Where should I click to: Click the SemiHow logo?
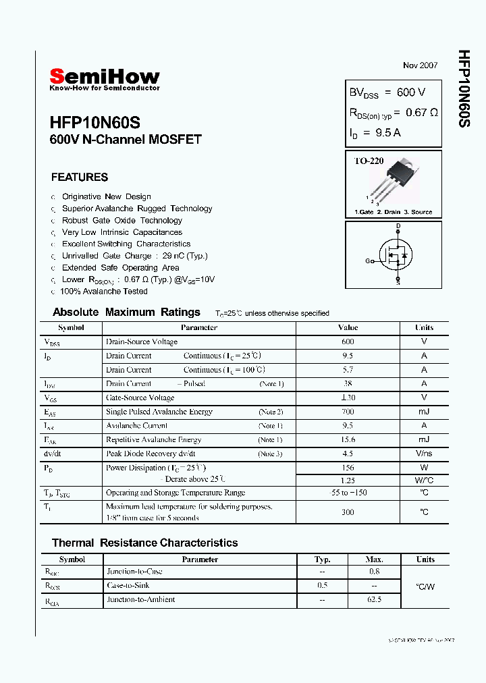click(x=105, y=78)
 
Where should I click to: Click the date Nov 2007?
click(x=420, y=65)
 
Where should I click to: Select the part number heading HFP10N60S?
click(x=95, y=124)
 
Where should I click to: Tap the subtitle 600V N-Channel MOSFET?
click(x=126, y=140)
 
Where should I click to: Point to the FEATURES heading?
click(x=80, y=177)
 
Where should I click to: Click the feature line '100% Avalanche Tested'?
click(x=104, y=292)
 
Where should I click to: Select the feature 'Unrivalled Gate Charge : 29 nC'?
click(x=135, y=256)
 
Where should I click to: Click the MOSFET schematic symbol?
click(x=396, y=254)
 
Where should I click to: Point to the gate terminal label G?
click(x=369, y=261)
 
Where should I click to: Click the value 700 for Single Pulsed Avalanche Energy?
click(x=348, y=412)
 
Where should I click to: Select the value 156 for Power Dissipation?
click(x=348, y=468)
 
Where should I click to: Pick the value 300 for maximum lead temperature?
click(x=348, y=512)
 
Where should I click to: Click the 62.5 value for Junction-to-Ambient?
click(x=374, y=599)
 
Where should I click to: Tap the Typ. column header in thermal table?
click(x=323, y=559)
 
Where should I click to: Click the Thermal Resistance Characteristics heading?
click(x=144, y=543)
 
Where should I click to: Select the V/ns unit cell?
click(x=424, y=454)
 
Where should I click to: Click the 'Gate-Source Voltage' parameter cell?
click(x=140, y=398)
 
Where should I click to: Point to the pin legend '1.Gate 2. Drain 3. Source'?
click(x=394, y=212)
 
